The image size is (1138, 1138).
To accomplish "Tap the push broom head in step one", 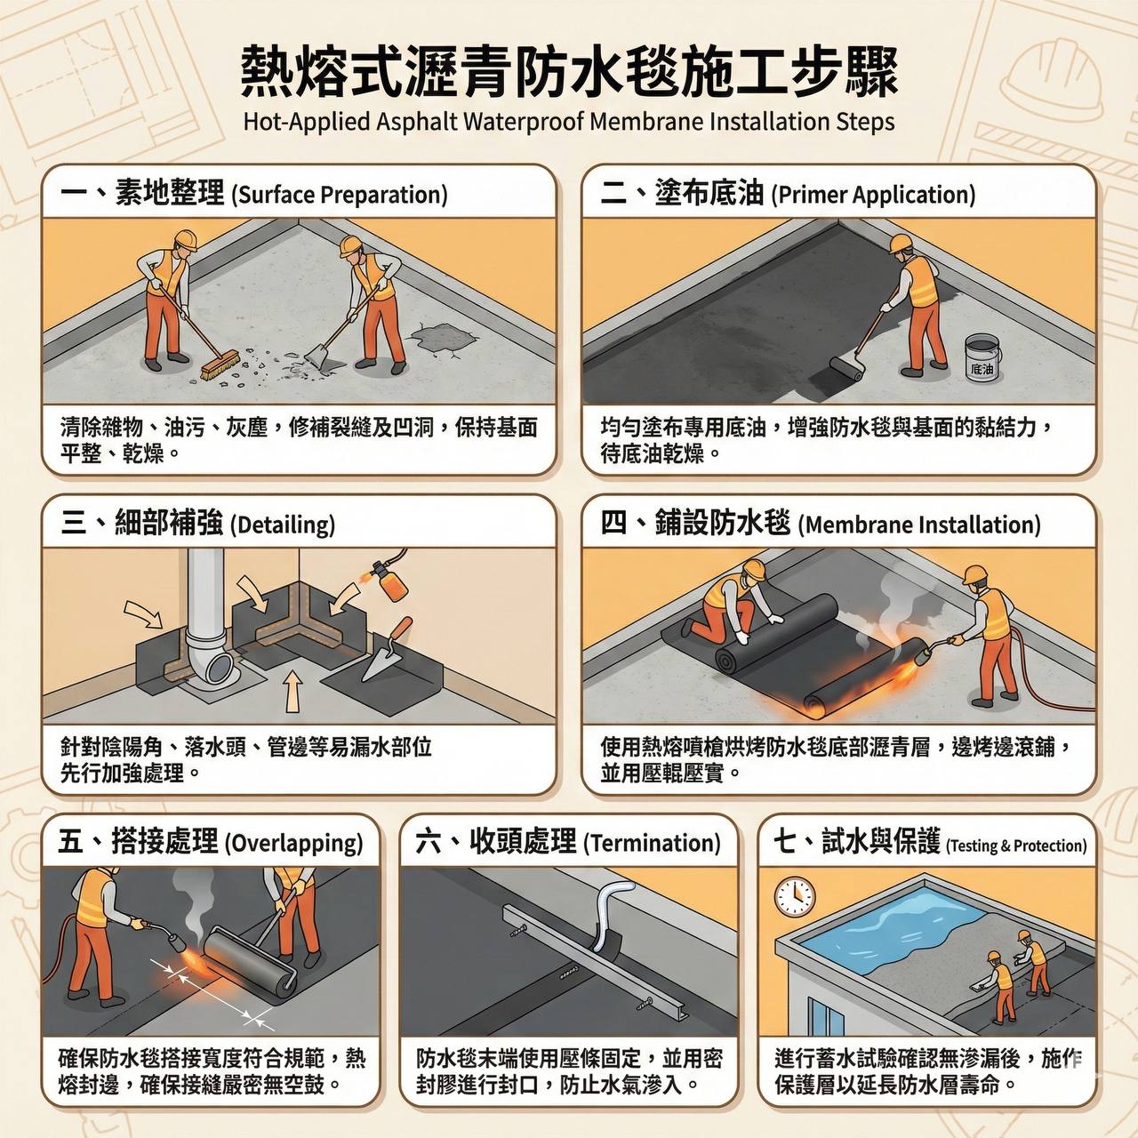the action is (x=220, y=365).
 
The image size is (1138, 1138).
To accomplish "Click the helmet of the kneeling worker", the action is (x=754, y=569).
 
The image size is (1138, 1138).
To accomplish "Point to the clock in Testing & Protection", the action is (x=794, y=897).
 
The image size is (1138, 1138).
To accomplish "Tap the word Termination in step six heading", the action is (x=652, y=843).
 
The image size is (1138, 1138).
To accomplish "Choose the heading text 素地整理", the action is (x=170, y=192).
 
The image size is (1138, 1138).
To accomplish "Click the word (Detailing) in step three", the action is (x=283, y=525).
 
